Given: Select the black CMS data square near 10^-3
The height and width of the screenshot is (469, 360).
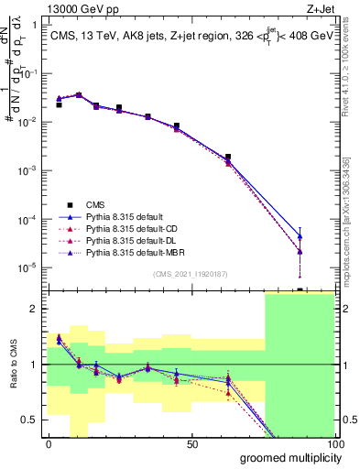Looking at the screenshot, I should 227,157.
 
